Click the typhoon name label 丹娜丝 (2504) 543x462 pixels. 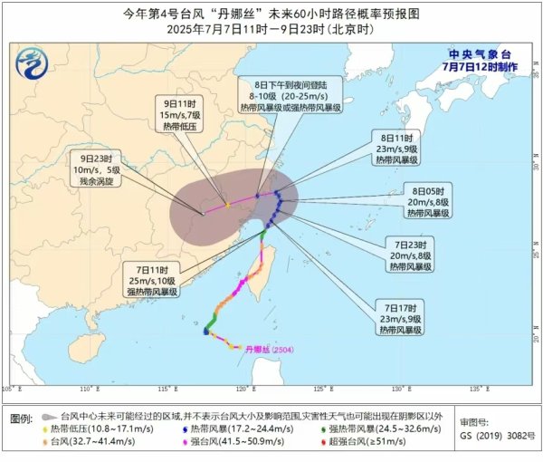point(266,347)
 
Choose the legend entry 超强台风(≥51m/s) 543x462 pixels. point(369,441)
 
